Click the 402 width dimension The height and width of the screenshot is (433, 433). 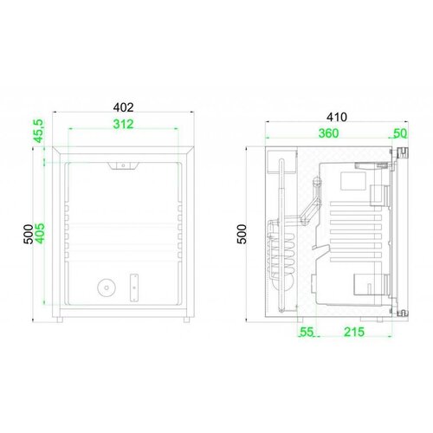pyautogui.click(x=123, y=107)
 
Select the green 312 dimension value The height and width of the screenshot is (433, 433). pyautogui.click(x=123, y=126)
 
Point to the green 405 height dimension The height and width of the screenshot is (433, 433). pyautogui.click(x=38, y=229)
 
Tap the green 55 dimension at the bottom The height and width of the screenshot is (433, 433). pyautogui.click(x=307, y=333)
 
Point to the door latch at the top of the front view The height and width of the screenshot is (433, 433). pyautogui.click(x=123, y=165)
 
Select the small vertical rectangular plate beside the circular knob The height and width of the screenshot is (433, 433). pyautogui.click(x=133, y=286)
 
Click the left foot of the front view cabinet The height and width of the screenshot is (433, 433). pyautogui.click(x=62, y=320)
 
